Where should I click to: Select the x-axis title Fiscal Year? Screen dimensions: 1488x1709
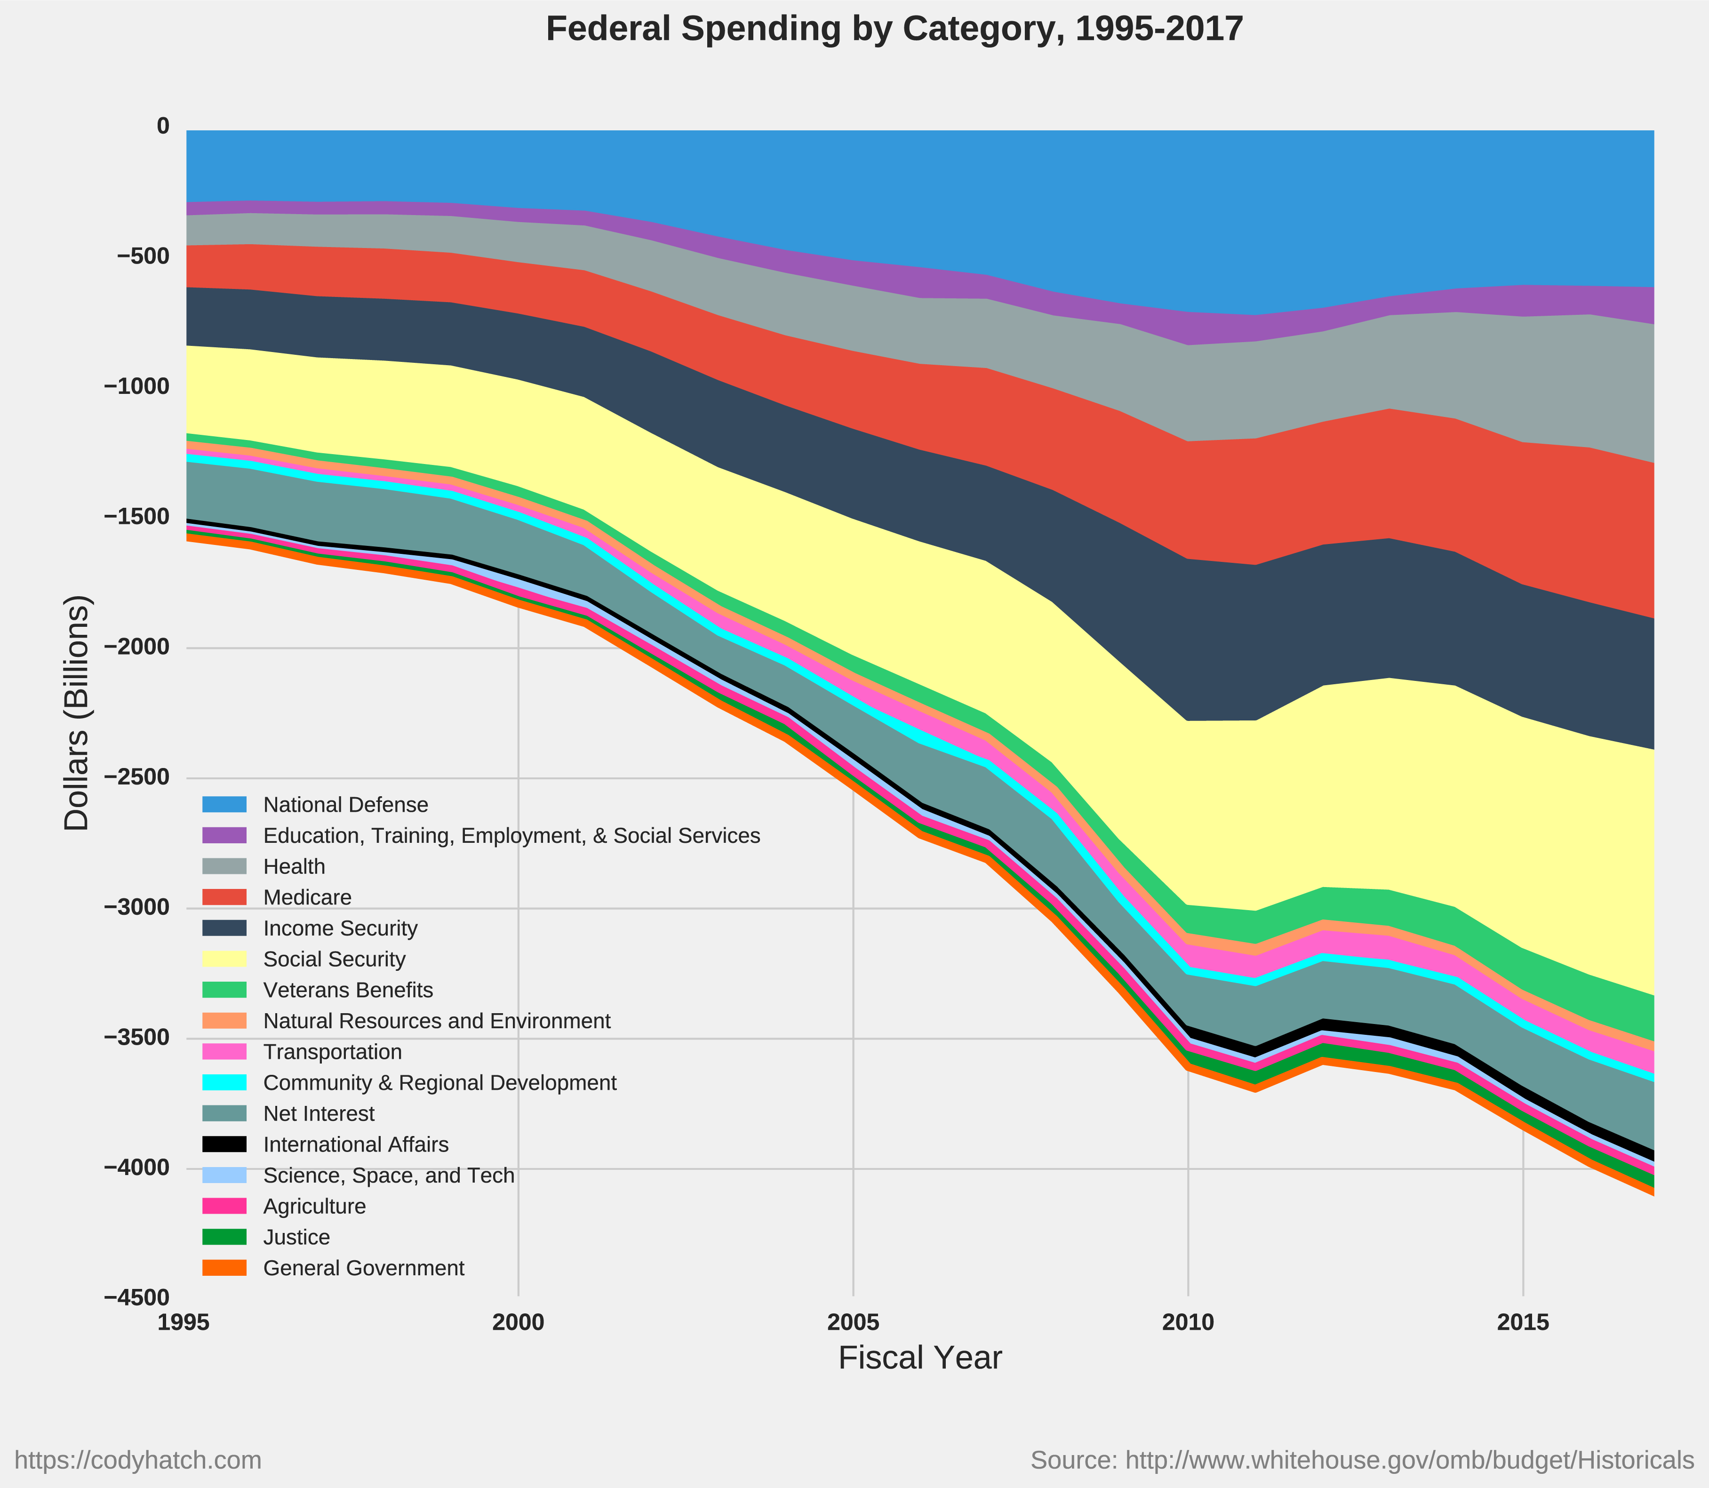tap(919, 1358)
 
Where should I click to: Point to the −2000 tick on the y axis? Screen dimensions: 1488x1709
tap(136, 647)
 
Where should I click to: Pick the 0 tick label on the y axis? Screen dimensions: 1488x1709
tap(163, 126)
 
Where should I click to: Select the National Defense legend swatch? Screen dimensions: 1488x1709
tap(224, 805)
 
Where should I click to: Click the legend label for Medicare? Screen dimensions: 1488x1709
tap(307, 897)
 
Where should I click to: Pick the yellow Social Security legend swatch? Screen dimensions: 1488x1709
tap(224, 959)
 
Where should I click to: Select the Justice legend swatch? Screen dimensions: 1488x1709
tap(224, 1237)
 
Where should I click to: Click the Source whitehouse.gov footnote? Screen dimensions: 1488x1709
tap(1362, 1461)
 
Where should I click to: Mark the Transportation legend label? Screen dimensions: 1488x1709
tap(332, 1052)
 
